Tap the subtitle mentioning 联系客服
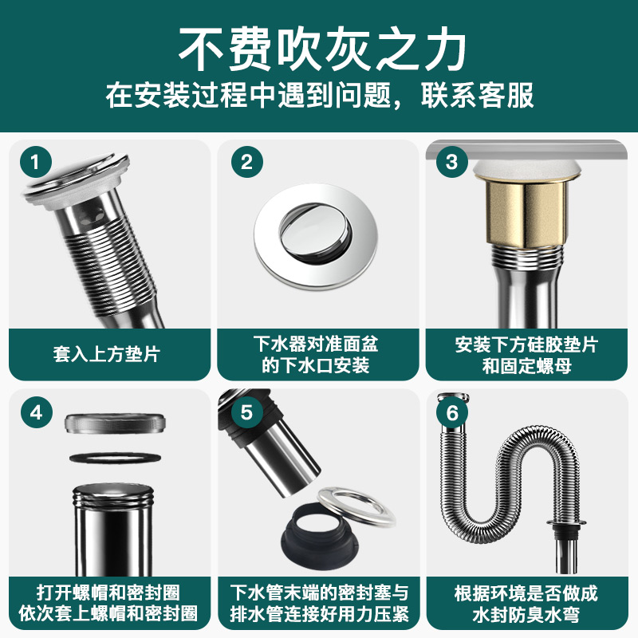pos(319,97)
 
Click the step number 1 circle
pos(34,163)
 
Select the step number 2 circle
pos(246,163)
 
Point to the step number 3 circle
pos(452,163)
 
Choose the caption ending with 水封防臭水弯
pos(526,604)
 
